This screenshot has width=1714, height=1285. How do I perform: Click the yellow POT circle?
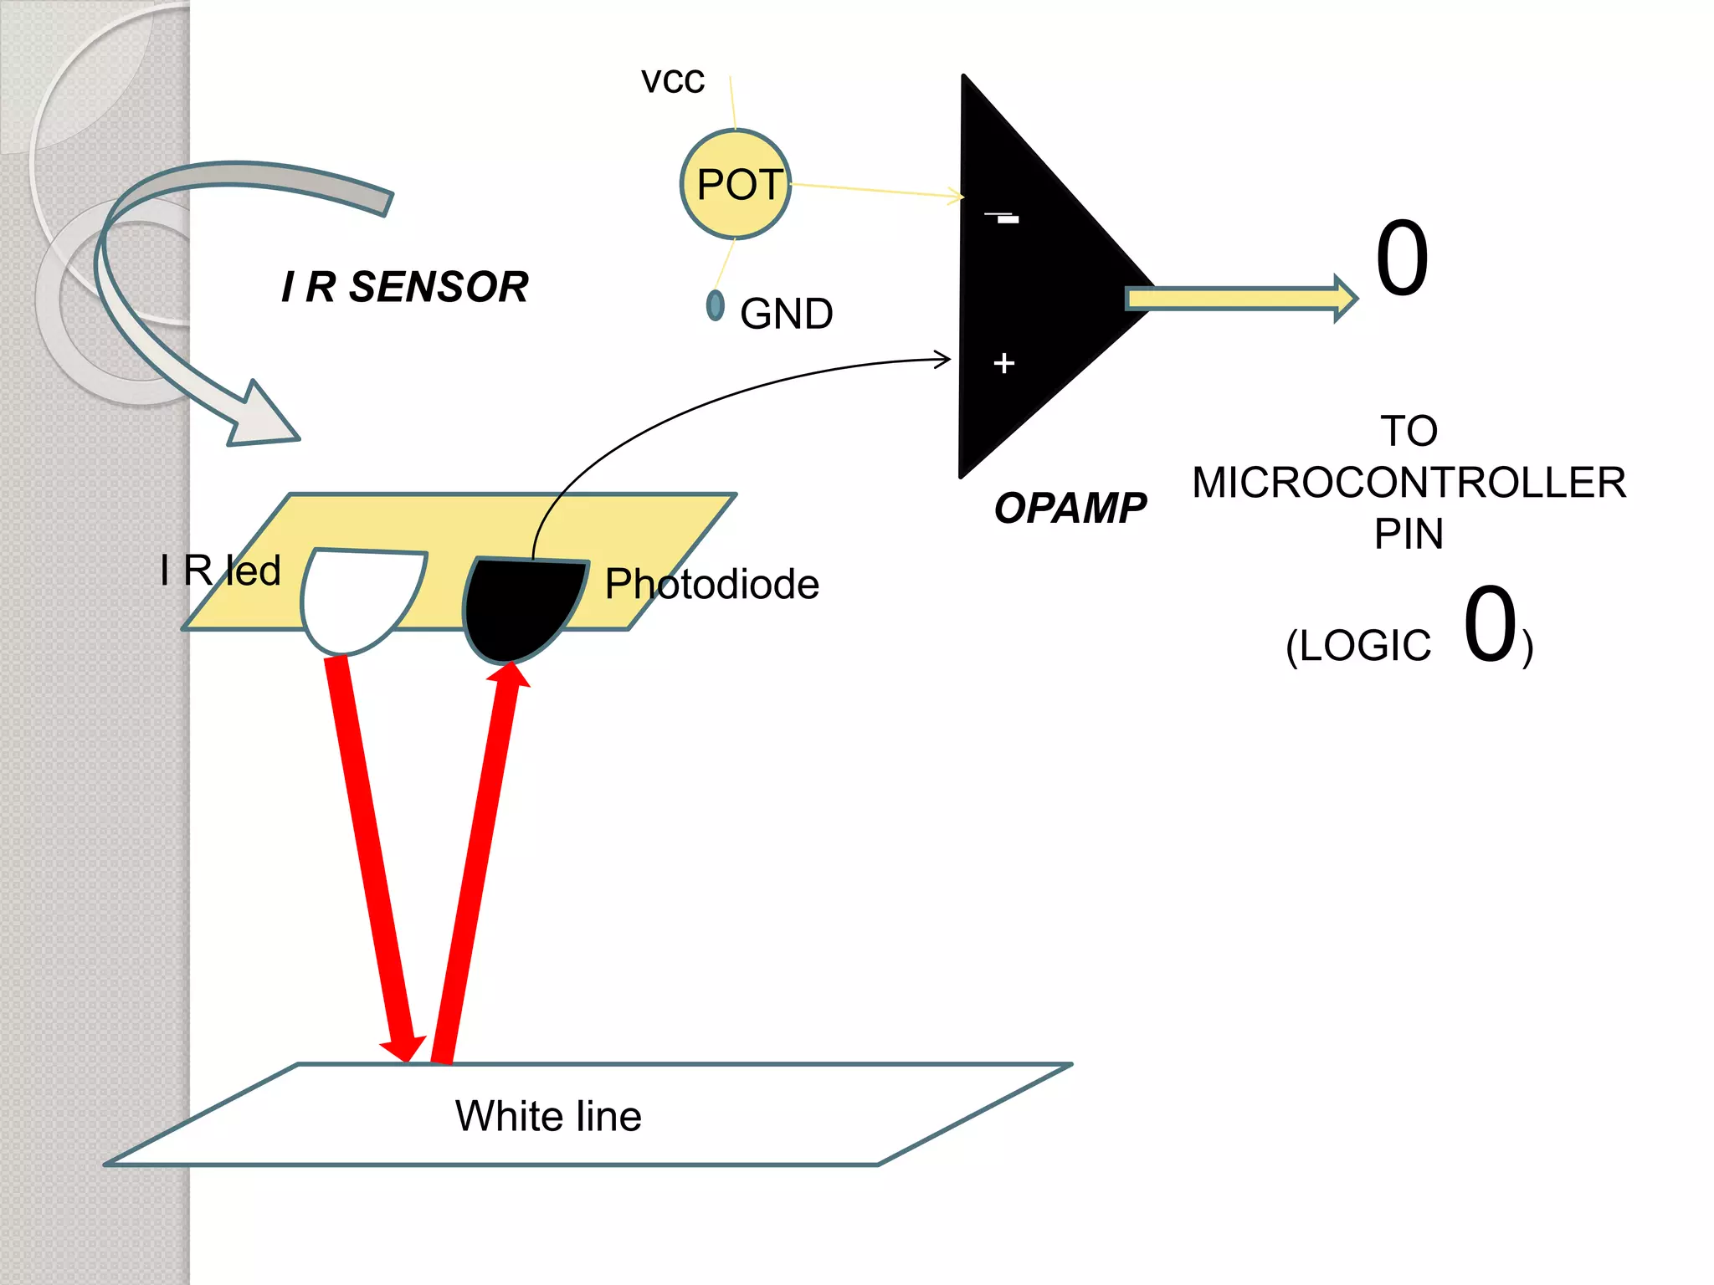[x=735, y=184]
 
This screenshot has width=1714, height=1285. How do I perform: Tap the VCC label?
[x=673, y=81]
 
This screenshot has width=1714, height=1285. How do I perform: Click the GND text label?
[x=786, y=314]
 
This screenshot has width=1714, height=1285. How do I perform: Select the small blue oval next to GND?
[x=715, y=305]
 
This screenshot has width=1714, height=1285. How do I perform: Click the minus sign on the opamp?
[x=1003, y=218]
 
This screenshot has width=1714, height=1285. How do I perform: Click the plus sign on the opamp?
[x=1003, y=363]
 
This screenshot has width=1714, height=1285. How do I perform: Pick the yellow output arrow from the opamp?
[x=1239, y=298]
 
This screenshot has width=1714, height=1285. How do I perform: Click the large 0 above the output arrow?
[x=1402, y=259]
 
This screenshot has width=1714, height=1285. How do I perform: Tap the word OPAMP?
[x=1070, y=508]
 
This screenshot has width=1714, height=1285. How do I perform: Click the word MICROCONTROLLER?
[x=1409, y=483]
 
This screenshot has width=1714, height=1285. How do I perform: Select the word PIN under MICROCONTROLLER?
[x=1409, y=534]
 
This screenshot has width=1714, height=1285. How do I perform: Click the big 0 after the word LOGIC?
[x=1491, y=624]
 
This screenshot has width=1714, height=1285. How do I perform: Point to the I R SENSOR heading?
[x=405, y=287]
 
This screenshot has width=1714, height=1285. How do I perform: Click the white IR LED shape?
[x=356, y=598]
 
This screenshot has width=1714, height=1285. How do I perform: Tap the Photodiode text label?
[x=711, y=584]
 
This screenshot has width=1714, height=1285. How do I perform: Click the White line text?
[x=548, y=1116]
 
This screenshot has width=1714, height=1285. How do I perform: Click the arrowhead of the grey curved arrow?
[x=264, y=418]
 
